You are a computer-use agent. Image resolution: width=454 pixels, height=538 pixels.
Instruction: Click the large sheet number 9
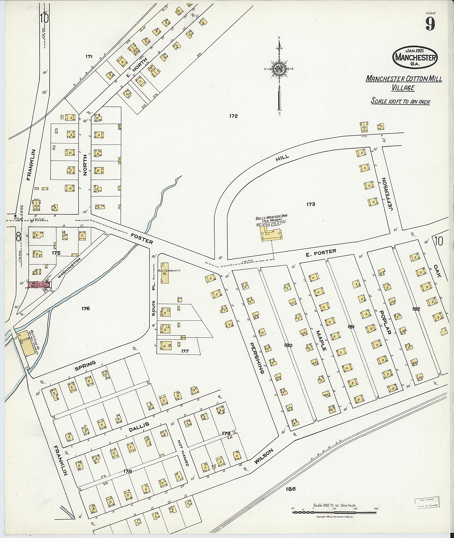point(430,24)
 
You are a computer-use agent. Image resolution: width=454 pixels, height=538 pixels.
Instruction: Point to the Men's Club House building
point(27,343)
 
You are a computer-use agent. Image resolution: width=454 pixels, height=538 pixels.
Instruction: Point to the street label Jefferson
point(388,194)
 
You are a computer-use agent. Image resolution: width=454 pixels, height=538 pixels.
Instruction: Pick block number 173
point(311,204)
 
